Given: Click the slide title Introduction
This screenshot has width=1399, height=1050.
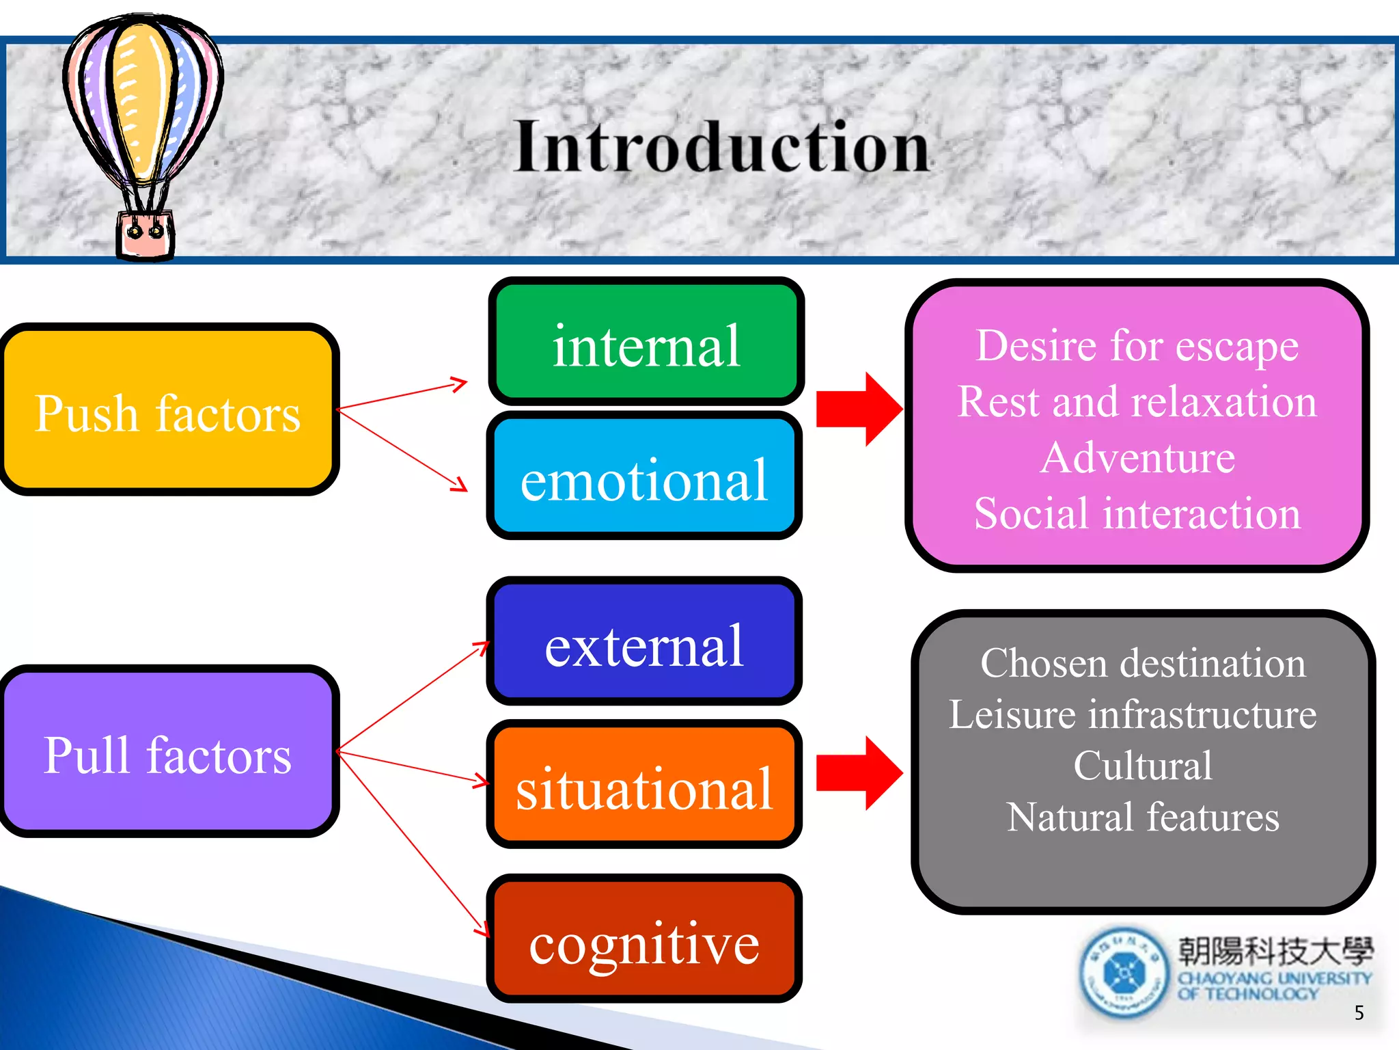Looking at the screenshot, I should pos(721,147).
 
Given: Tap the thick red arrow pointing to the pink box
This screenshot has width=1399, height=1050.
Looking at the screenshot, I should pos(859,409).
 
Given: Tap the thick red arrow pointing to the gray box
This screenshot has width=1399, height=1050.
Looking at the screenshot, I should pos(859,773).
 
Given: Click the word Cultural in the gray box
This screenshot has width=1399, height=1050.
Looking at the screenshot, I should pos(1142,765).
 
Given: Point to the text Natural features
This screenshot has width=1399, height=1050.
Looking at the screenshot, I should pos(1142,817).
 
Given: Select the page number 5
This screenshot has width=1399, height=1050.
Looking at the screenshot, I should pos(1359,1012).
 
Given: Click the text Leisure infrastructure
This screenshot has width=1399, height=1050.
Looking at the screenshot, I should pos(1133,714).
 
